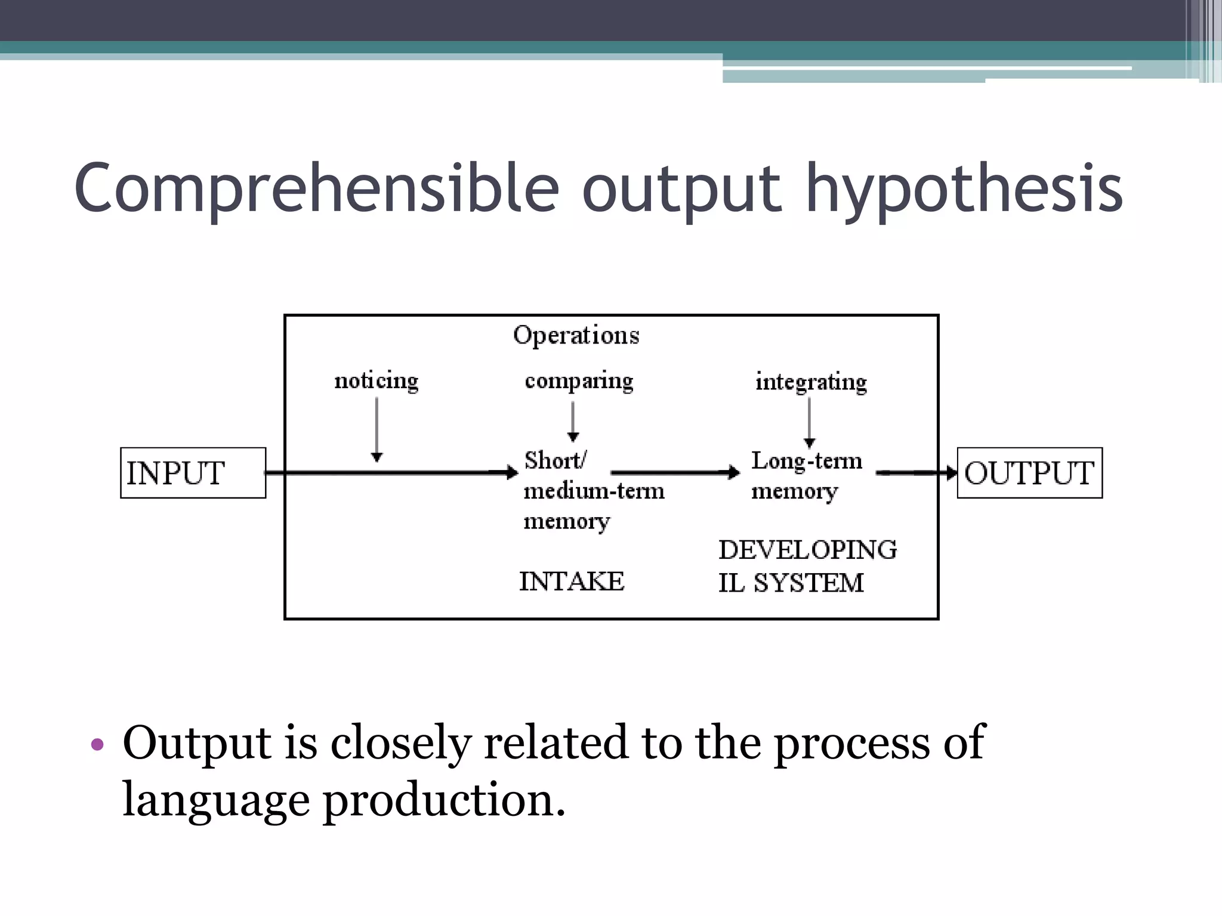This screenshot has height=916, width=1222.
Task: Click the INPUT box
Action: click(193, 473)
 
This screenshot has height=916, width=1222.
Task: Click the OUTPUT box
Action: click(1029, 473)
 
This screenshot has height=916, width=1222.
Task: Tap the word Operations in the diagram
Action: click(576, 335)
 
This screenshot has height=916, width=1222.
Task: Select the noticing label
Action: click(377, 380)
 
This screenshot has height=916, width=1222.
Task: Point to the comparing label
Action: click(579, 380)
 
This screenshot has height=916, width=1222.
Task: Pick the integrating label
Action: click(811, 382)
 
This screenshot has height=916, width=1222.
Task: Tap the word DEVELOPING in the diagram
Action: click(807, 550)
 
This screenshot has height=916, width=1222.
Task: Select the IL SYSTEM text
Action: click(791, 583)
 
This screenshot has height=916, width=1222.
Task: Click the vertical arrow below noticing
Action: click(377, 429)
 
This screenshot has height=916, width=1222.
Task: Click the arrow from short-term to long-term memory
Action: click(675, 473)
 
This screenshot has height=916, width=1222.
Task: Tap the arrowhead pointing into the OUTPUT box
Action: click(951, 473)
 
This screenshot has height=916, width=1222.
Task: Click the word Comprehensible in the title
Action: click(316, 190)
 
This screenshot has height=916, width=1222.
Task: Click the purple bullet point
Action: click(97, 744)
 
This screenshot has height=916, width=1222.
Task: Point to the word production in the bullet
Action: click(443, 800)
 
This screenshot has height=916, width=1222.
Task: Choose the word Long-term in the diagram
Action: click(807, 461)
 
